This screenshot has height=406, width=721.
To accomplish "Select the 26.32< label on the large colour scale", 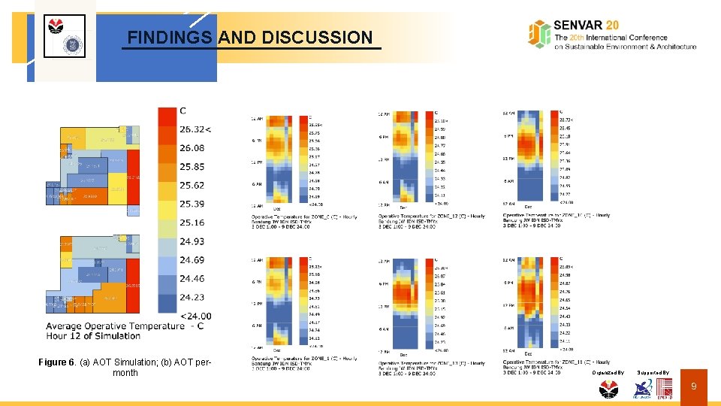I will tap(195, 129).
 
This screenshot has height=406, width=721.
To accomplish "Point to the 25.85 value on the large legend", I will tap(192, 167).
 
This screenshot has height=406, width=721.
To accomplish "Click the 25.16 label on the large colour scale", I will tap(192, 223).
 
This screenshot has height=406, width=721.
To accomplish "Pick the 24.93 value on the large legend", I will tap(192, 241).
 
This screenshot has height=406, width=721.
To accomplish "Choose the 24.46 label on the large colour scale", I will tap(192, 278).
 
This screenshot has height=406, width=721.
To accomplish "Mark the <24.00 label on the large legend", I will tap(195, 316).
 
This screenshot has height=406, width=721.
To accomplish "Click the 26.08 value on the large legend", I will tap(192, 148).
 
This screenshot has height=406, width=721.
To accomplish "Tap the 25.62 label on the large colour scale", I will tap(192, 185).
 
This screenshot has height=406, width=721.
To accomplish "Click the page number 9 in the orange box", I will tap(694, 386).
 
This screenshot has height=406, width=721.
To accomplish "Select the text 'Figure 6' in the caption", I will tap(57, 362).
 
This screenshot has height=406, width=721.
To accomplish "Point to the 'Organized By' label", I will tap(608, 372).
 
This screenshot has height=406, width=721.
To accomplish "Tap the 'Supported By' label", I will tap(653, 372).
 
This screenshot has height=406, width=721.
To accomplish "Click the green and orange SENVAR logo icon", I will tap(539, 34).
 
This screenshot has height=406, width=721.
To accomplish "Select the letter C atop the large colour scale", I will tap(183, 111).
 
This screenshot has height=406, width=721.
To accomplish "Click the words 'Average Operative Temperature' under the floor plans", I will tap(114, 326).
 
